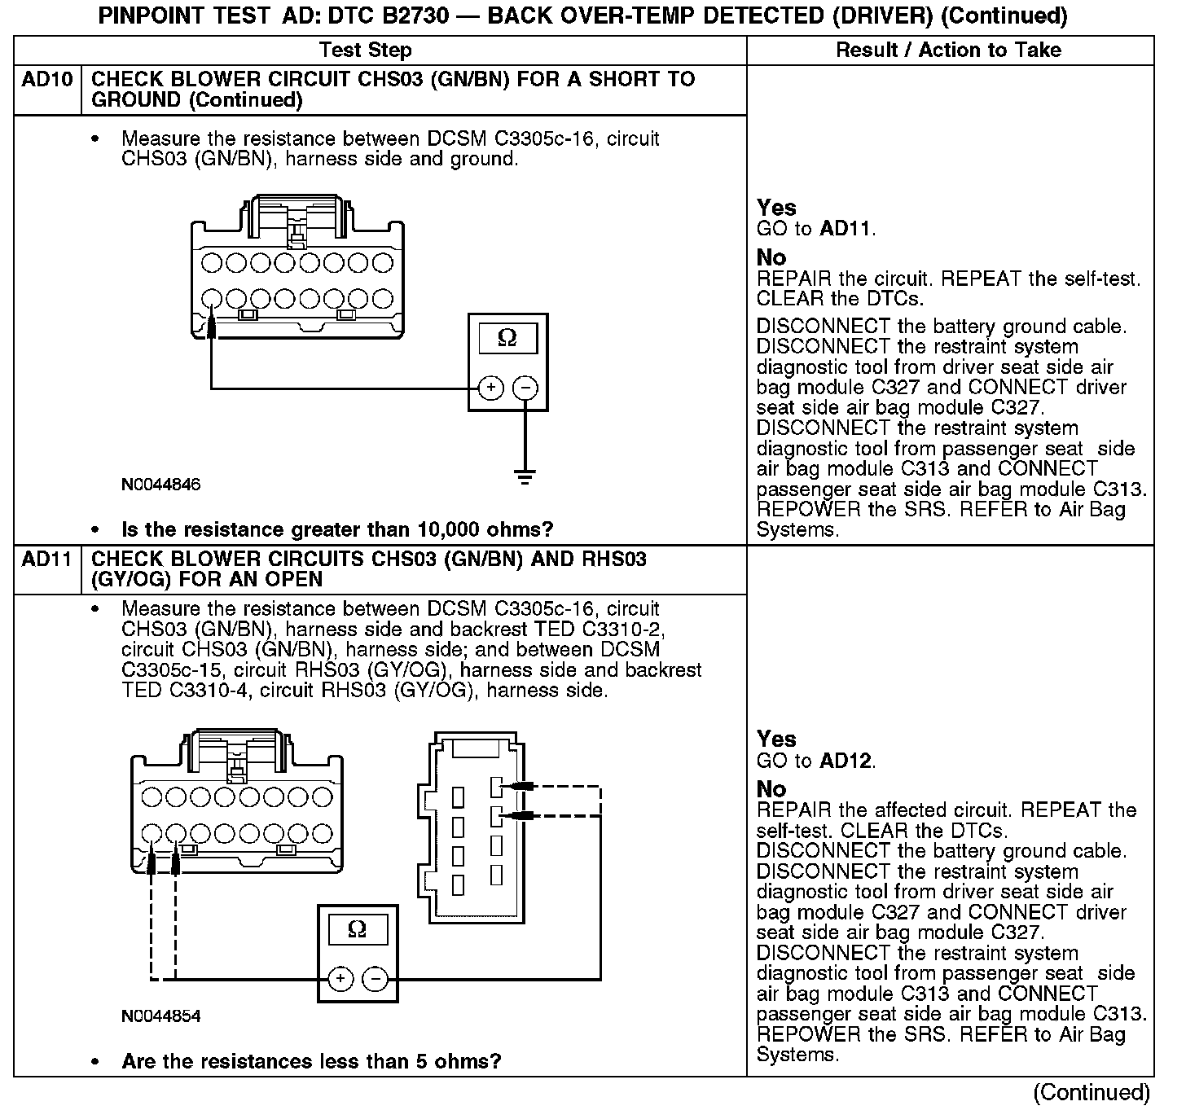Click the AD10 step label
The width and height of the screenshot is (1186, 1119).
pos(47,80)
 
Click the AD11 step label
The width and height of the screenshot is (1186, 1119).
pos(47,559)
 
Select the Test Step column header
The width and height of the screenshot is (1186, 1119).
pos(366,50)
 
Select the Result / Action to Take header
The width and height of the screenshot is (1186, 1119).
pos(949,50)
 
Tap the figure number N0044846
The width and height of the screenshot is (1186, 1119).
pos(160,485)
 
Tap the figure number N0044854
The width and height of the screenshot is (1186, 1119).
pos(160,1016)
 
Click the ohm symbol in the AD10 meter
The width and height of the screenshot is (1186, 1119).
pos(507,337)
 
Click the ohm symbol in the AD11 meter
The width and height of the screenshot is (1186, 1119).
pos(357,929)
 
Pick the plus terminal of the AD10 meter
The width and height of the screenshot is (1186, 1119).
pos(490,388)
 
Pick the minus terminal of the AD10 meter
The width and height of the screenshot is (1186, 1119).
pos(526,388)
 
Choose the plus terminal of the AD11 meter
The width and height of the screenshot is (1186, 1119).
pos(340,978)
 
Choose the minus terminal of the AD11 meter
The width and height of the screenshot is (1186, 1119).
pos(375,978)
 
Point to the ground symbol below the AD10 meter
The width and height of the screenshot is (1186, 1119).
pos(525,476)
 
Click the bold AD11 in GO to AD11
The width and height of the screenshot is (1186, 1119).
pos(846,229)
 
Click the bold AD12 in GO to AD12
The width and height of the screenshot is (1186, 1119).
pos(846,761)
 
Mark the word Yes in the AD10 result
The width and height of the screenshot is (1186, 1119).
pos(776,208)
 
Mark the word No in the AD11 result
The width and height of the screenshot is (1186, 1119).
pos(771,788)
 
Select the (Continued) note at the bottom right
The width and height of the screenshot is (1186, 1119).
pos(1092,1092)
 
